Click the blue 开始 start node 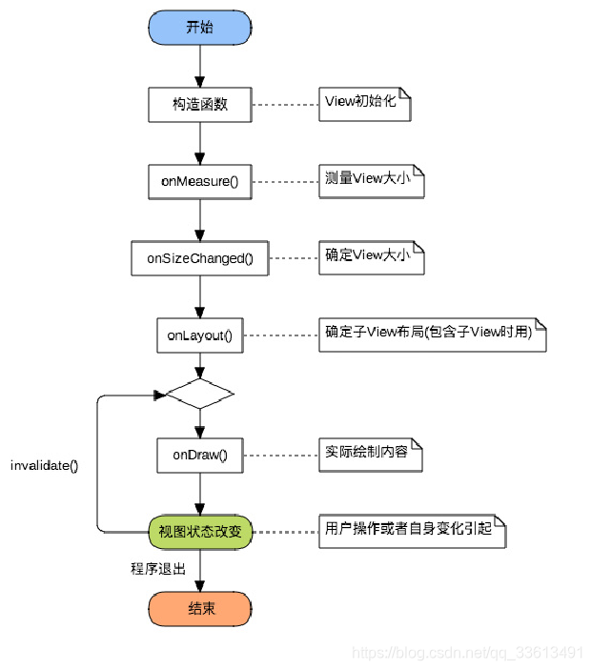[x=200, y=28]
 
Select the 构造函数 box [x=200, y=105]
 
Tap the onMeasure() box [x=200, y=181]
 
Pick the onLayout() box [x=200, y=335]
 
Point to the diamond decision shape [x=200, y=393]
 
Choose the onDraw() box [x=200, y=455]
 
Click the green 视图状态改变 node [x=200, y=531]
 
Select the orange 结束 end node [x=200, y=608]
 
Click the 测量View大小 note [x=371, y=181]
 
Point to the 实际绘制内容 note [x=371, y=454]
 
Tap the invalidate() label [x=44, y=466]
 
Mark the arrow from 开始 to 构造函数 [x=200, y=65]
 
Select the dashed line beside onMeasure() [x=285, y=181]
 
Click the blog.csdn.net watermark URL [x=467, y=653]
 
